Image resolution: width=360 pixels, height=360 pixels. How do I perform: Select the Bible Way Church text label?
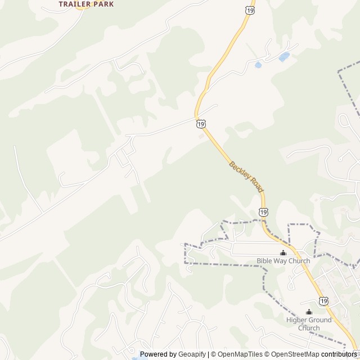tap(283, 261)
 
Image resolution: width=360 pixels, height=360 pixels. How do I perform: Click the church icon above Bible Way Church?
tap(283, 253)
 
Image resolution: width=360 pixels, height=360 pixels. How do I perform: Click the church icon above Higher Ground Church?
tap(308, 312)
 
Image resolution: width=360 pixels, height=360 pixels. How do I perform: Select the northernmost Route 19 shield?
tap(249, 10)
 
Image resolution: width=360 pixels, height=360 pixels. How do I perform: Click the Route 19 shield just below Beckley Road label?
tap(264, 212)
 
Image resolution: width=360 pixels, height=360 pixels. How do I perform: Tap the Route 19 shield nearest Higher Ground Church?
tap(323, 301)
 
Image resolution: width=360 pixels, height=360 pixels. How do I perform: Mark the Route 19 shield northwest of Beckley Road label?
tap(201, 124)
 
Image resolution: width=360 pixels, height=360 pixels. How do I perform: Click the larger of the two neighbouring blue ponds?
tap(284, 57)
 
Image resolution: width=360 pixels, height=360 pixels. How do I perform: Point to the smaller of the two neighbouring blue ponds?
tap(258, 65)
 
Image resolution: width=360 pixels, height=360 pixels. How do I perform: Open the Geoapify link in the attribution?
tap(192, 354)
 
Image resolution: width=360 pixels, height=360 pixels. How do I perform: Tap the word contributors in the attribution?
tap(339, 354)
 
